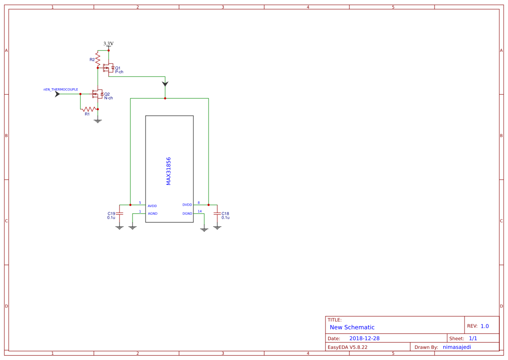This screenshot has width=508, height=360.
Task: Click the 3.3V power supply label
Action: tap(108, 43)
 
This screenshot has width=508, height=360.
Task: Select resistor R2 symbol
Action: tap(98, 59)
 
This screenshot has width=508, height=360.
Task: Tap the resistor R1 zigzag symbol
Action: tap(89, 109)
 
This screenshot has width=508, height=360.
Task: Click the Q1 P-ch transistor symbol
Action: tap(108, 68)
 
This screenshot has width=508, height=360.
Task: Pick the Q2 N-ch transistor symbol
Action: tap(97, 94)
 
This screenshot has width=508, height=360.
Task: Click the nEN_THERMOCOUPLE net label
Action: tap(61, 89)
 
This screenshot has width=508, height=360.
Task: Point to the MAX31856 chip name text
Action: tap(169, 171)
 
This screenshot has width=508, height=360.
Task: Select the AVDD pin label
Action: tap(152, 206)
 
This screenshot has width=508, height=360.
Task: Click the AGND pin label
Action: tap(153, 213)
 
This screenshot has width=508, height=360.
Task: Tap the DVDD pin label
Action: tap(187, 205)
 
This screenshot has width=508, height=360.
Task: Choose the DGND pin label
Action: tap(187, 213)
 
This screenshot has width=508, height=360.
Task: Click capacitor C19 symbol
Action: tap(120, 213)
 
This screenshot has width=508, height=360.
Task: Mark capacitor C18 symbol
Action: tap(217, 213)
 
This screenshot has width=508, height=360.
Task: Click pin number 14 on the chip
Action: tap(199, 211)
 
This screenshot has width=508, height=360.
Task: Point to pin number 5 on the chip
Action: tap(140, 203)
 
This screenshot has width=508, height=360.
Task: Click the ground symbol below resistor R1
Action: tap(98, 120)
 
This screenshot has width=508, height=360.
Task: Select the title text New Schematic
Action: tap(352, 327)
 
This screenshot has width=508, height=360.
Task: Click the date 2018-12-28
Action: tap(364, 338)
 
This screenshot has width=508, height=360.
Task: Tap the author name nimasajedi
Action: tap(457, 347)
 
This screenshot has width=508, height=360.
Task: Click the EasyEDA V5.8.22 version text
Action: tap(347, 347)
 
